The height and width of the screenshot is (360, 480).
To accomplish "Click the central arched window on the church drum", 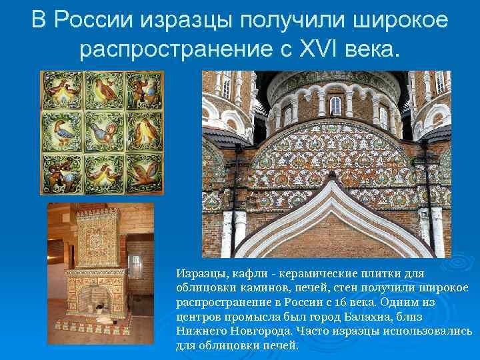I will (336, 105).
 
